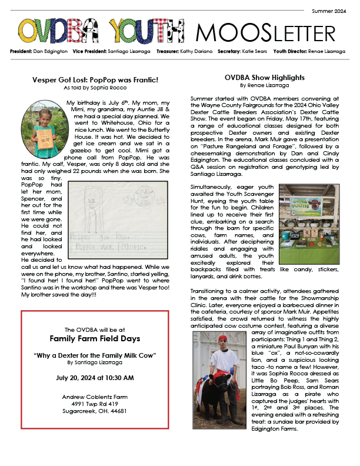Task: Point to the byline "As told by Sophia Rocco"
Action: [x=95, y=87]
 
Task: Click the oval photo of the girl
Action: [x=41, y=123]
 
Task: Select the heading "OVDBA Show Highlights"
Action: [x=264, y=77]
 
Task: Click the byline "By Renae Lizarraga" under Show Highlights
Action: [x=264, y=85]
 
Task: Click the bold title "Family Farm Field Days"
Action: [x=94, y=339]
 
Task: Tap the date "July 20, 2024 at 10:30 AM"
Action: [x=94, y=377]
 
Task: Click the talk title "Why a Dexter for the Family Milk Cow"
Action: [x=94, y=356]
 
